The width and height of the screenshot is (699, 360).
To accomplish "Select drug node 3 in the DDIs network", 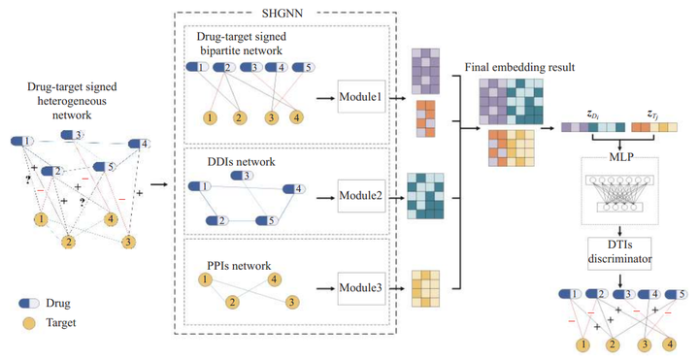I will pyautogui.click(x=243, y=176).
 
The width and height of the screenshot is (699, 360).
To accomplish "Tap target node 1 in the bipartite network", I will pyautogui.click(x=208, y=118).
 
